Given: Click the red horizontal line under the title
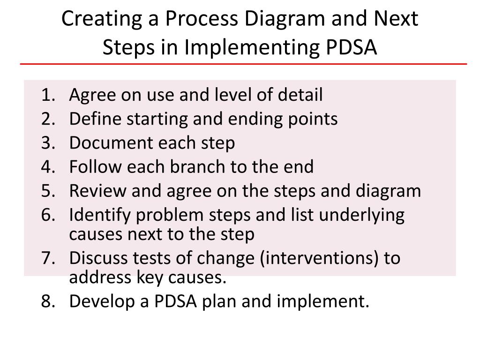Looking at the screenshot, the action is [244, 63].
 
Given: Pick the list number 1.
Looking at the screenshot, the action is [47, 95].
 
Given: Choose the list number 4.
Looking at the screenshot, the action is [47, 167].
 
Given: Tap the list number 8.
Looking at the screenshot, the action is [47, 301].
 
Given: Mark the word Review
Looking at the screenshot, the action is [97, 191].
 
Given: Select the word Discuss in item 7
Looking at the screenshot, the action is [97, 258].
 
